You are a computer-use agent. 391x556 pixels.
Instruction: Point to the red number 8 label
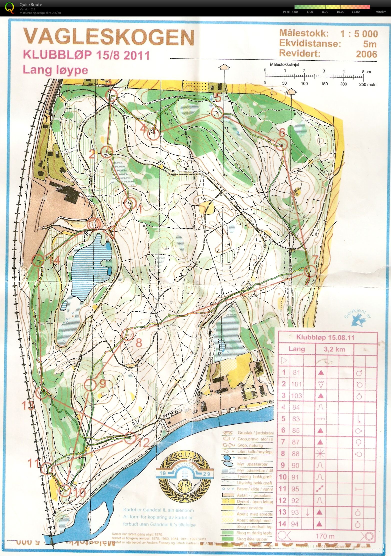click(139, 343)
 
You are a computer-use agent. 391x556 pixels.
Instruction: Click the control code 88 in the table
click(296, 453)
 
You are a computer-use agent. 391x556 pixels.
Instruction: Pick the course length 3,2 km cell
click(334, 349)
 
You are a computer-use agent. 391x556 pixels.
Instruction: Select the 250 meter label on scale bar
click(368, 85)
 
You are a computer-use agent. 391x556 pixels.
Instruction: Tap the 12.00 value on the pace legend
click(355, 12)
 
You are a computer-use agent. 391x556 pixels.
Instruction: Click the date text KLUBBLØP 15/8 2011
click(86, 55)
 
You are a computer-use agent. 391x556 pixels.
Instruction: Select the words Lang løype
click(55, 70)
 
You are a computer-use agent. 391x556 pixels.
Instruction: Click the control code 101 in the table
click(296, 384)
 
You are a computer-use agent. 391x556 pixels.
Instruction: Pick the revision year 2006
click(366, 54)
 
